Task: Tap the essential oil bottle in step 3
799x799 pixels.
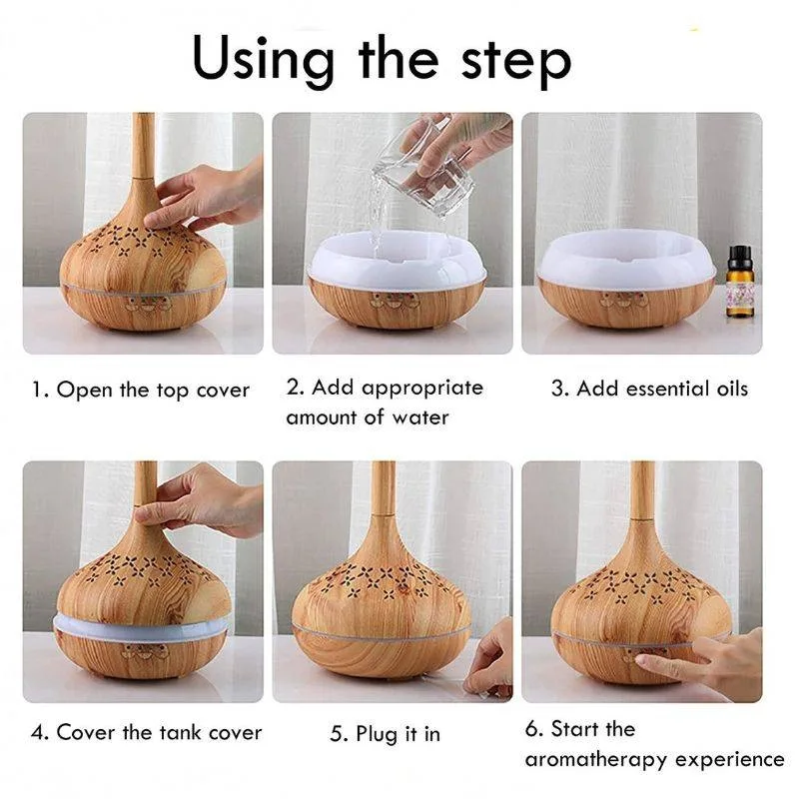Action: point(740,288)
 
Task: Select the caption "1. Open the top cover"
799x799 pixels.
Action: point(141,390)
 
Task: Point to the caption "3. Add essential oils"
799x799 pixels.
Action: point(649,389)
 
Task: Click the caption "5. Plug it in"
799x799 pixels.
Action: point(385,734)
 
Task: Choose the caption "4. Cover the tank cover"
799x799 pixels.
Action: point(147,733)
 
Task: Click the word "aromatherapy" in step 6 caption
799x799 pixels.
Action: point(594,760)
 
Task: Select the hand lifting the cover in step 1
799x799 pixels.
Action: point(200,195)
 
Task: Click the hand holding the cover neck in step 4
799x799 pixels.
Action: point(195,499)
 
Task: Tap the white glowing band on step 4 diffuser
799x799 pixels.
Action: point(140,626)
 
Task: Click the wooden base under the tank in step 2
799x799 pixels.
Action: point(397,305)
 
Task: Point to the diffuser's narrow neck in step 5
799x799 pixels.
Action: point(383,499)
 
